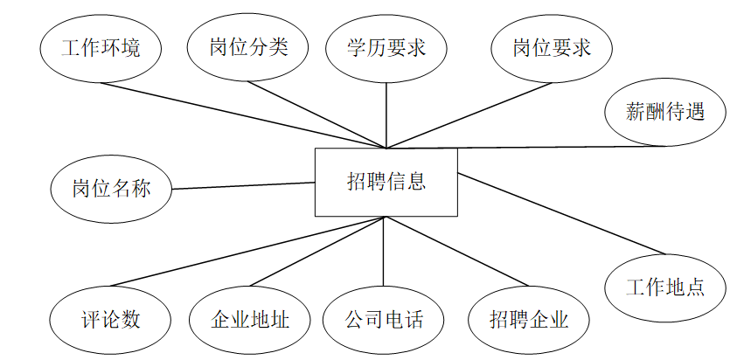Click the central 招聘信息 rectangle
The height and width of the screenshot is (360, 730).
click(x=386, y=182)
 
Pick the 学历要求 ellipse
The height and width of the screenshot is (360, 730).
click(x=386, y=48)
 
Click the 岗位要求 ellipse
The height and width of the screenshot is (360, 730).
click(x=552, y=48)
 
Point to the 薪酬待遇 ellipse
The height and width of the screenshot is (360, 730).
click(x=665, y=112)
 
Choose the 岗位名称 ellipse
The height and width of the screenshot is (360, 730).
click(x=111, y=189)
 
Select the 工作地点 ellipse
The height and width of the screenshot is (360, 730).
click(x=666, y=287)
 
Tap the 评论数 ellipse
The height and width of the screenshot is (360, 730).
click(x=108, y=319)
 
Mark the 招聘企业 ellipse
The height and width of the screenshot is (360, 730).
click(x=529, y=319)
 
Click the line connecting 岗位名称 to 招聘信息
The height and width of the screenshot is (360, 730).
click(x=243, y=185)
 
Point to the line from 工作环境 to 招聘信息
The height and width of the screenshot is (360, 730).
click(x=245, y=115)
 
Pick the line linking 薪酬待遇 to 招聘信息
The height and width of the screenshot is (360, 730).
click(x=525, y=146)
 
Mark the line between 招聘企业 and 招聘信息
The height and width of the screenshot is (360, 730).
click(x=455, y=252)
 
